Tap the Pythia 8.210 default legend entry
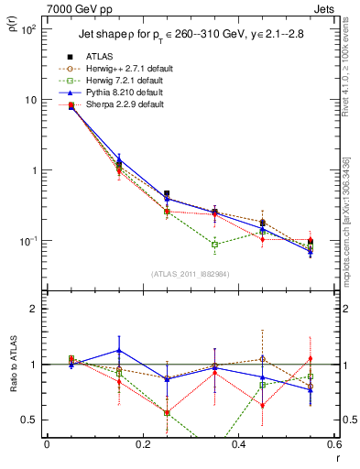(x=135, y=93)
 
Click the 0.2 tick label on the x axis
(x=142, y=444)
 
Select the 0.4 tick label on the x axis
(x=238, y=444)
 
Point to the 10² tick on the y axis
(x=27, y=29)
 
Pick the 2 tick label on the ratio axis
(x=33, y=309)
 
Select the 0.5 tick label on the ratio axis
(x=29, y=420)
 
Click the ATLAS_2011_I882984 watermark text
(x=190, y=274)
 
